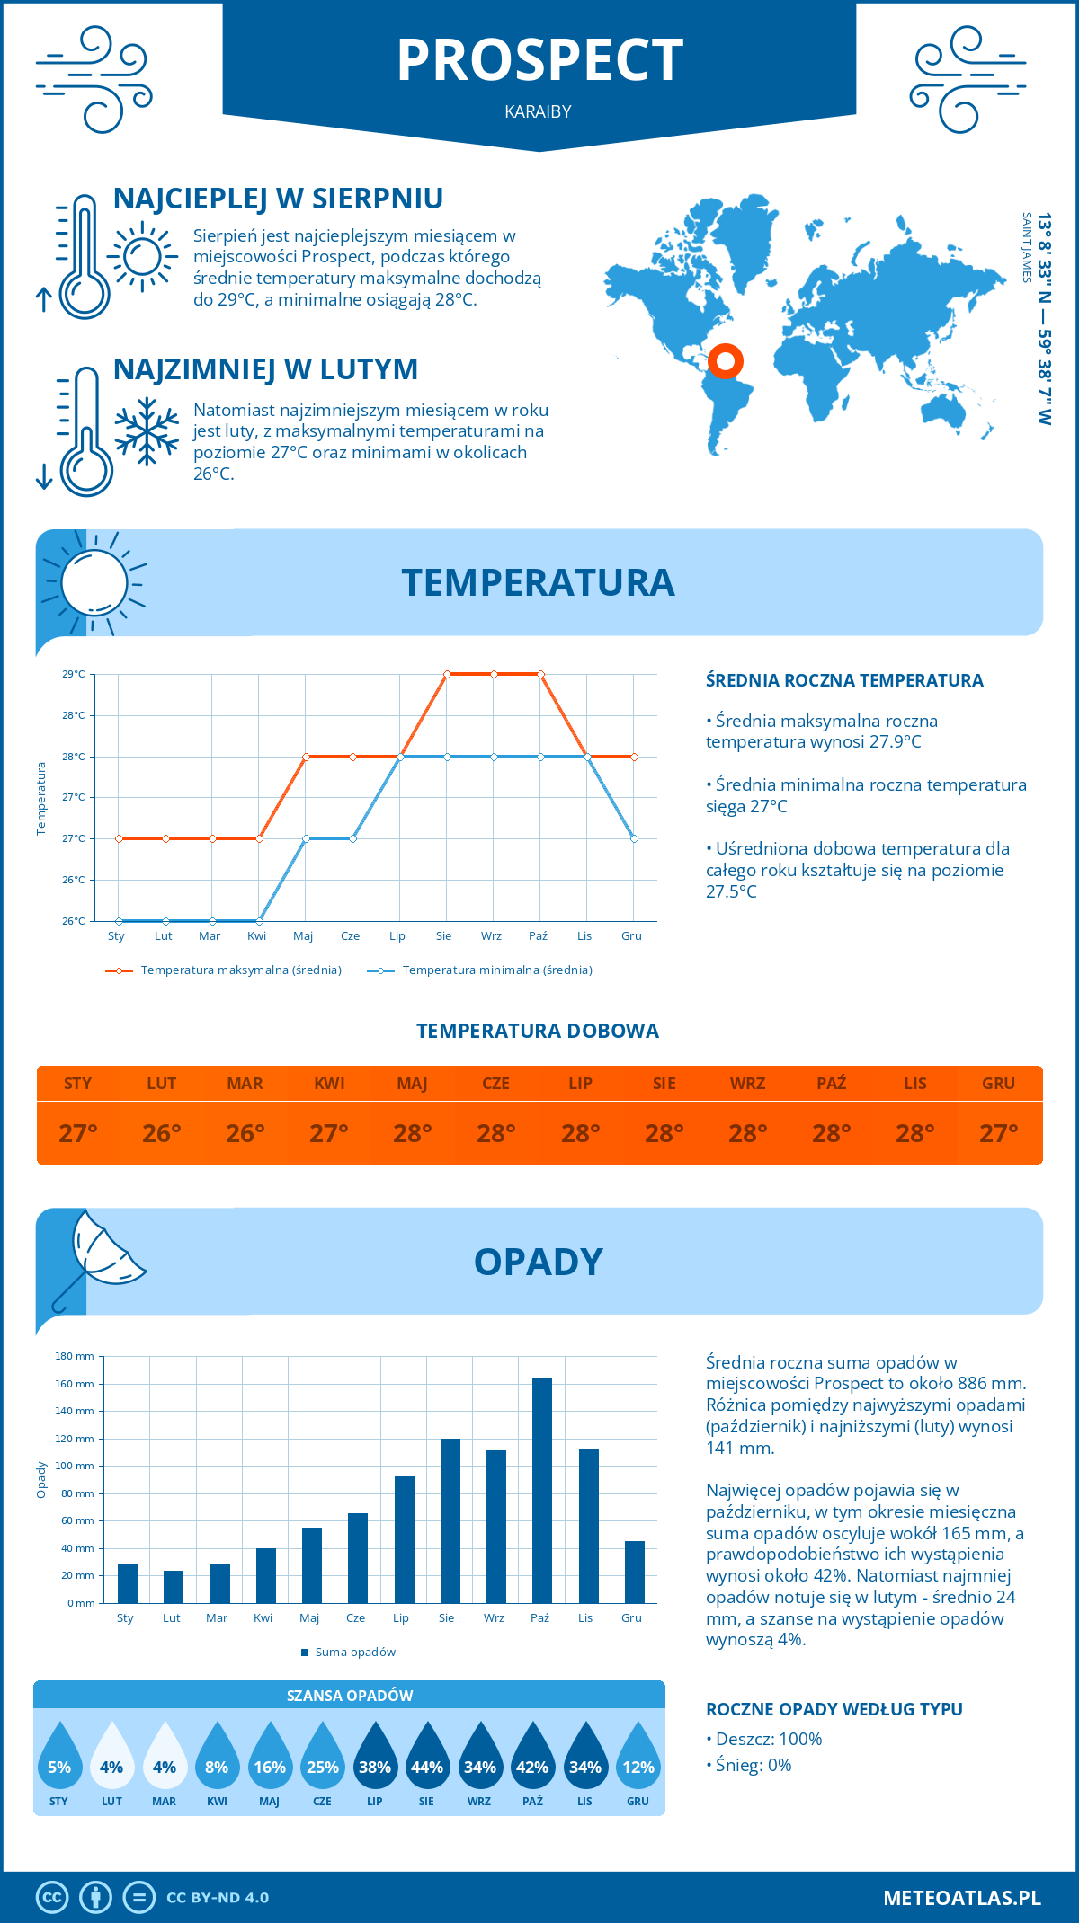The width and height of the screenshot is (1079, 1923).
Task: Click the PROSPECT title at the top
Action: point(539,61)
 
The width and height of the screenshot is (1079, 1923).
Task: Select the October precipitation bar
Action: point(542,1490)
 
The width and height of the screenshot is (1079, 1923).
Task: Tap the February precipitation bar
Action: point(174,1587)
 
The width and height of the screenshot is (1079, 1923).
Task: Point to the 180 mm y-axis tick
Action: point(76,1356)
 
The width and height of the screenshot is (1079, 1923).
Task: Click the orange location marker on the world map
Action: point(725,361)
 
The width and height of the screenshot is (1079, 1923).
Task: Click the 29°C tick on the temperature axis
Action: point(74,674)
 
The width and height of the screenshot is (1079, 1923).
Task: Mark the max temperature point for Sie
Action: point(447,674)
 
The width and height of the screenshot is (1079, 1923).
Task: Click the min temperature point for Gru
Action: point(634,838)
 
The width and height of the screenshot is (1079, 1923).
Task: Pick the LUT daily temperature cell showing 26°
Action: point(162,1133)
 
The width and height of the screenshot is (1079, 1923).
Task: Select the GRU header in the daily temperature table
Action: point(998,1084)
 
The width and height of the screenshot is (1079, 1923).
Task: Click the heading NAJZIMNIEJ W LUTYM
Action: point(265,369)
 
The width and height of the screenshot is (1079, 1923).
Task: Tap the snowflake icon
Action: point(147,431)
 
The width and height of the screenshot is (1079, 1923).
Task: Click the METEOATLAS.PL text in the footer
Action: point(962,1898)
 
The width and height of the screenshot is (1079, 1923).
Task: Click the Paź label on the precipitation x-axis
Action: point(539,1618)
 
